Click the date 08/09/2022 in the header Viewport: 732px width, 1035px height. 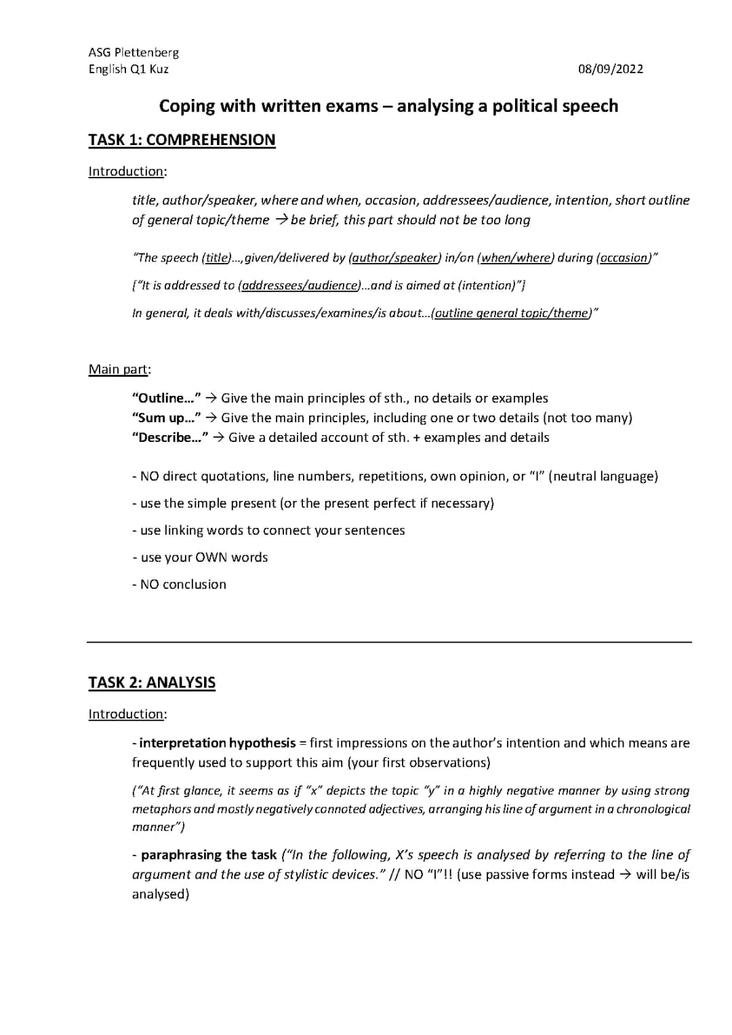610,69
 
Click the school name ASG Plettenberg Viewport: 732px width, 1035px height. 134,53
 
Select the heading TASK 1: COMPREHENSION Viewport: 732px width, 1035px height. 182,140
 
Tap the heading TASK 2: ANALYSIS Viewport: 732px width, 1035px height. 152,683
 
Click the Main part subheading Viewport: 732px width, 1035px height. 119,369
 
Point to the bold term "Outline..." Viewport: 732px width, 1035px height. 166,399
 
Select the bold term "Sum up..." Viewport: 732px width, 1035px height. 166,418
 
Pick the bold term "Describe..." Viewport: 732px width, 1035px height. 169,438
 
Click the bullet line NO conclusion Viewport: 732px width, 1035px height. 180,584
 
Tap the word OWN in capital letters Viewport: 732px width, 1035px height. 211,558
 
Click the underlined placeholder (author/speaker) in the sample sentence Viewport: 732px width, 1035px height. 394,258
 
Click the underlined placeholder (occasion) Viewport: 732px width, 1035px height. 624,258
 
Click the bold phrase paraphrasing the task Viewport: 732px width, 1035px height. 209,855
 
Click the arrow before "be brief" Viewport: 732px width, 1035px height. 281,220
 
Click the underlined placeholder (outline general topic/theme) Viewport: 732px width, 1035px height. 512,314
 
